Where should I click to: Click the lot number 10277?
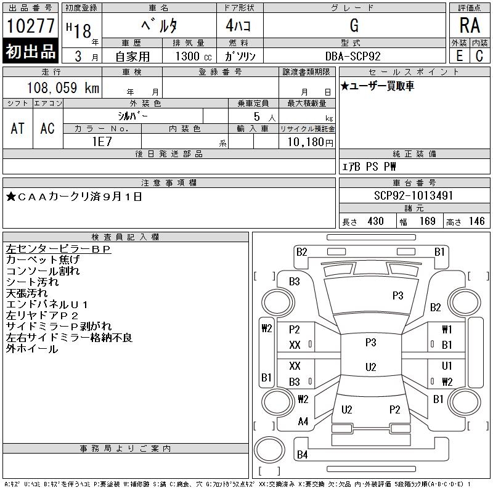tap(30, 26)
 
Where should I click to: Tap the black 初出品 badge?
tap(30, 52)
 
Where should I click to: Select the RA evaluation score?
tap(470, 26)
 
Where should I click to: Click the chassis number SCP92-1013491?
tap(414, 196)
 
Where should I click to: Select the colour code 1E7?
tap(101, 141)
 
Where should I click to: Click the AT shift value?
tap(18, 128)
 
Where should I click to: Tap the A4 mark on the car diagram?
tap(303, 422)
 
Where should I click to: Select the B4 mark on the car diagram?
tap(302, 455)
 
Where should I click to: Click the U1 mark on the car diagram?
tap(447, 366)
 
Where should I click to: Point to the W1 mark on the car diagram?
tap(447, 330)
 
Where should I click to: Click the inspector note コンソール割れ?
tap(43, 271)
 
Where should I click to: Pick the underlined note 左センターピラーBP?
tap(58, 249)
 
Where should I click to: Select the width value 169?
tap(427, 221)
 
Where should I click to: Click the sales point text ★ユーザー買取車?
tap(378, 86)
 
